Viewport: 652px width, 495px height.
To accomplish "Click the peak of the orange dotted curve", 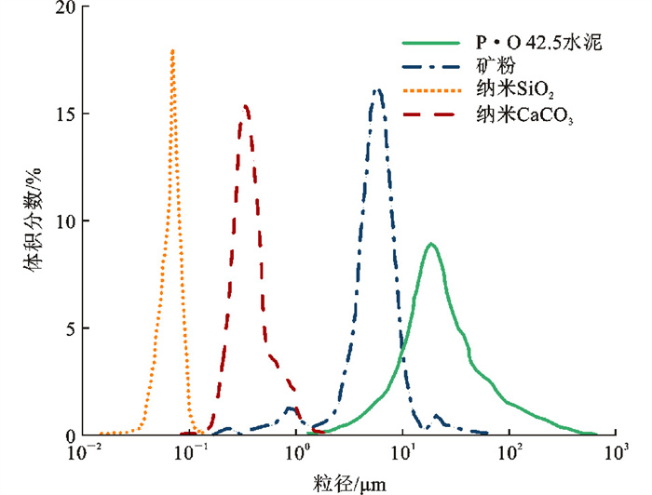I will point(172,50).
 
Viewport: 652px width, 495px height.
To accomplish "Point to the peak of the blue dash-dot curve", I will point(377,90).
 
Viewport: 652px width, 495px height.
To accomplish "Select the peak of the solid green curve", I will point(430,244).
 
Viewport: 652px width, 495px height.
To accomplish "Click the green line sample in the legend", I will point(432,43).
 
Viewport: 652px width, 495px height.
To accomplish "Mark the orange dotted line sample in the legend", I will point(432,91).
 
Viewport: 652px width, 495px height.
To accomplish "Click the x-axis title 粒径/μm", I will point(349,483).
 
